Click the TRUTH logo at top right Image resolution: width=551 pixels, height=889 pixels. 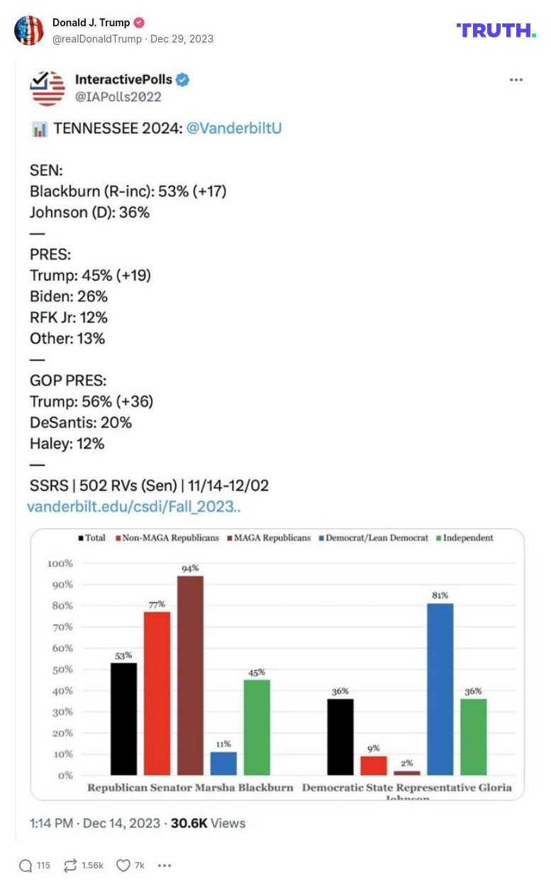click(x=496, y=30)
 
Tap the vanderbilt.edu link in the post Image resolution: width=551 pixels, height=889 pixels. click(x=134, y=507)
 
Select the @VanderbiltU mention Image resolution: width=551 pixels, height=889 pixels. click(x=233, y=129)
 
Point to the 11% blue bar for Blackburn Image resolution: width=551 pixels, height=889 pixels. click(x=223, y=763)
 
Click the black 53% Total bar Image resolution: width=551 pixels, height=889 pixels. click(x=123, y=718)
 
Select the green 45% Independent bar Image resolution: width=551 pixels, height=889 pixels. click(x=257, y=727)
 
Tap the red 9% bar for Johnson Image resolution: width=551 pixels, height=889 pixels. click(x=374, y=765)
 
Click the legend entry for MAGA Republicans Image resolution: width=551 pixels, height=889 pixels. click(x=269, y=538)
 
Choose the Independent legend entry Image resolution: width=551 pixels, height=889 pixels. click(x=467, y=538)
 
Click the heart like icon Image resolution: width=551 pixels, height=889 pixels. click(x=124, y=866)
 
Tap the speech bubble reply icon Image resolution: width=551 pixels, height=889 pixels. click(x=26, y=866)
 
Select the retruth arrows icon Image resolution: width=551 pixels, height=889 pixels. click(x=71, y=866)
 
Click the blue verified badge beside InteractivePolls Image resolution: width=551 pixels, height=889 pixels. click(x=182, y=80)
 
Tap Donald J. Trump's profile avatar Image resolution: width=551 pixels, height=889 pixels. click(x=29, y=30)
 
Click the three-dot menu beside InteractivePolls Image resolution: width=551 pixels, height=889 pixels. click(x=516, y=80)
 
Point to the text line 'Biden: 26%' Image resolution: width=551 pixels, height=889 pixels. click(x=69, y=296)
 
